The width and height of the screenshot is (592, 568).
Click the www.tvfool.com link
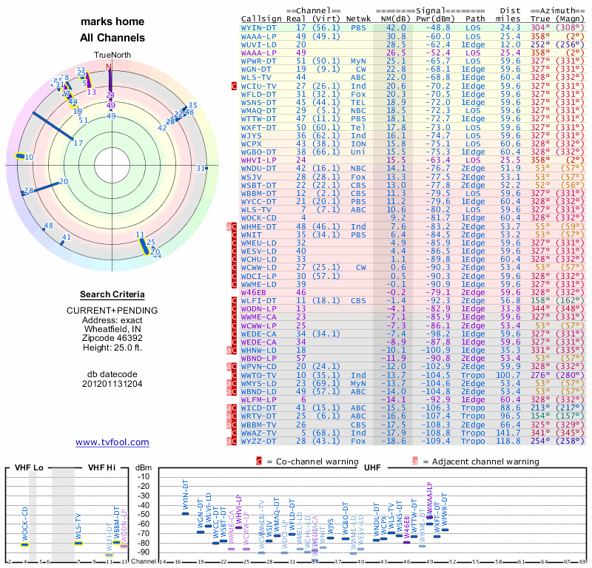pos(112,442)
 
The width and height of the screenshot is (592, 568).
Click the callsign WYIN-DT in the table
pos(259,27)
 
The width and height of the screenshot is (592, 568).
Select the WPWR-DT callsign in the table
pos(259,61)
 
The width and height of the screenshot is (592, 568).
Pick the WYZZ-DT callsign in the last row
pos(259,441)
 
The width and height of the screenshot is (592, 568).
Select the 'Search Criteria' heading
pos(112,295)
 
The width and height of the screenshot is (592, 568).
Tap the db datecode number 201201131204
pos(112,384)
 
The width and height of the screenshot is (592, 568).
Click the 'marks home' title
pos(112,22)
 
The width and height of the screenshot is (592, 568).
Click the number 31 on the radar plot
pos(200,169)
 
